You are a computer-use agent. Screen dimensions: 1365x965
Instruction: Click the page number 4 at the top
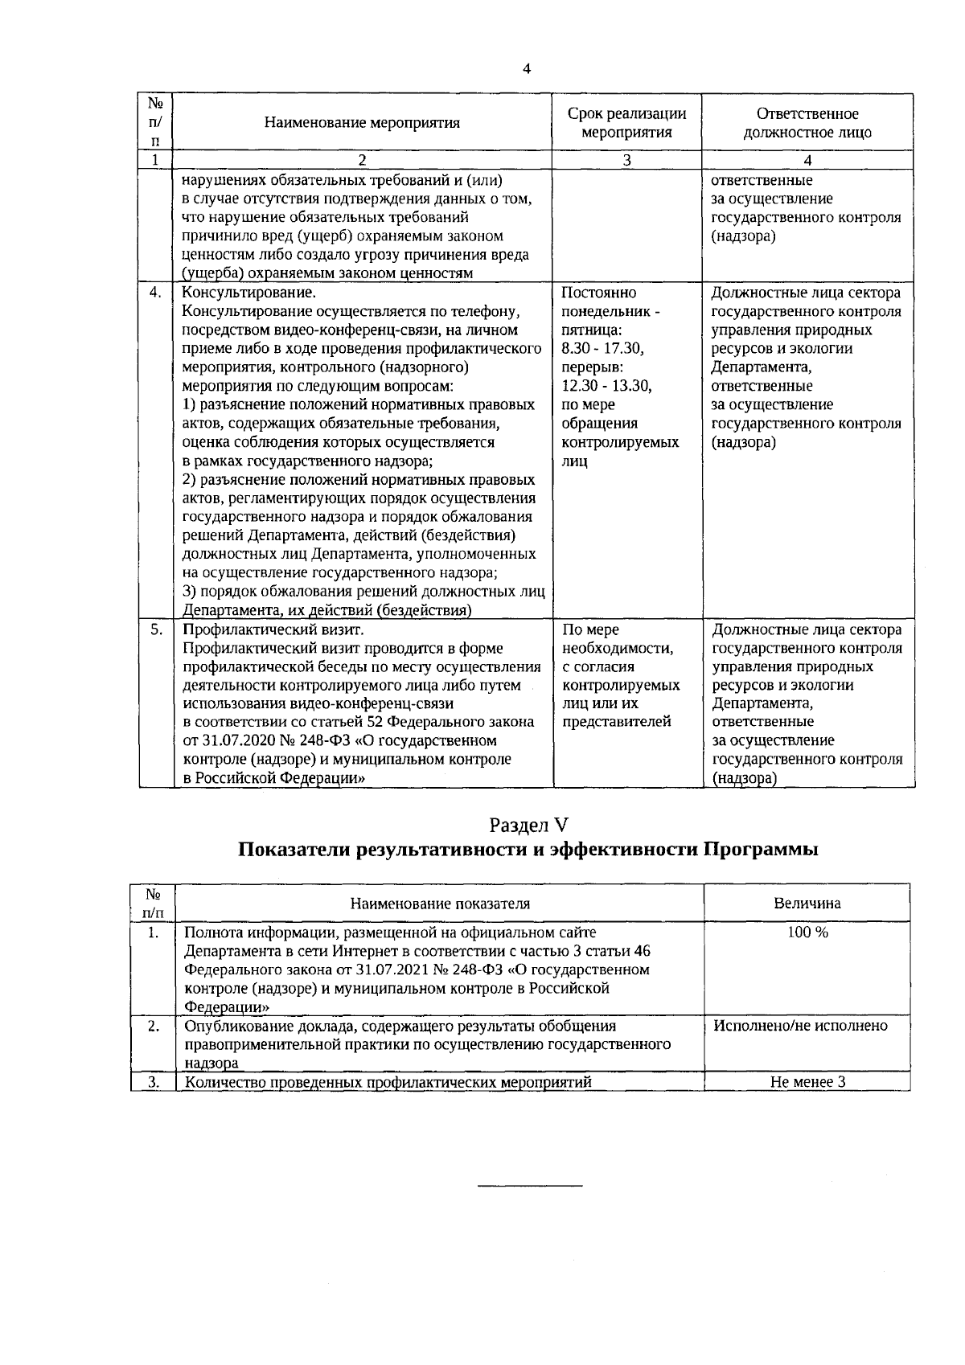527,69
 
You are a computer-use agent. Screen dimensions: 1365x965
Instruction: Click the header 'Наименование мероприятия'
363,123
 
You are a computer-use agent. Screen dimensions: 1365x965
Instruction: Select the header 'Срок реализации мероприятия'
626,123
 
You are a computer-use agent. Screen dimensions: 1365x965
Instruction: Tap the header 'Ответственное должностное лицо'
807,123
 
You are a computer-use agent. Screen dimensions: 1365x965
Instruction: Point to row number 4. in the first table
156,293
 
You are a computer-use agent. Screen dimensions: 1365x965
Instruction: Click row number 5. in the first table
156,629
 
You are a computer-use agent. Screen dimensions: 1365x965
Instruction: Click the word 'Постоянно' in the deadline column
598,293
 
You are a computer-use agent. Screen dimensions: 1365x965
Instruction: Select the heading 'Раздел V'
528,825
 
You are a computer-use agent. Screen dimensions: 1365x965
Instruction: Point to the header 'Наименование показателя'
440,903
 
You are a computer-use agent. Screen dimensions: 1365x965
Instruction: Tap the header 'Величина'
807,903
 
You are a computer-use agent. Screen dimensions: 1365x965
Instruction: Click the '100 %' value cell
807,932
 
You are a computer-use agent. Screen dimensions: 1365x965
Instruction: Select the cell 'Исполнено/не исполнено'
800,1026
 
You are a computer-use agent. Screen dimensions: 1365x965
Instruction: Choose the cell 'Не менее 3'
807,1082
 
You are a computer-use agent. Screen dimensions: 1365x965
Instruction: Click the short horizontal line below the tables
530,1186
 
